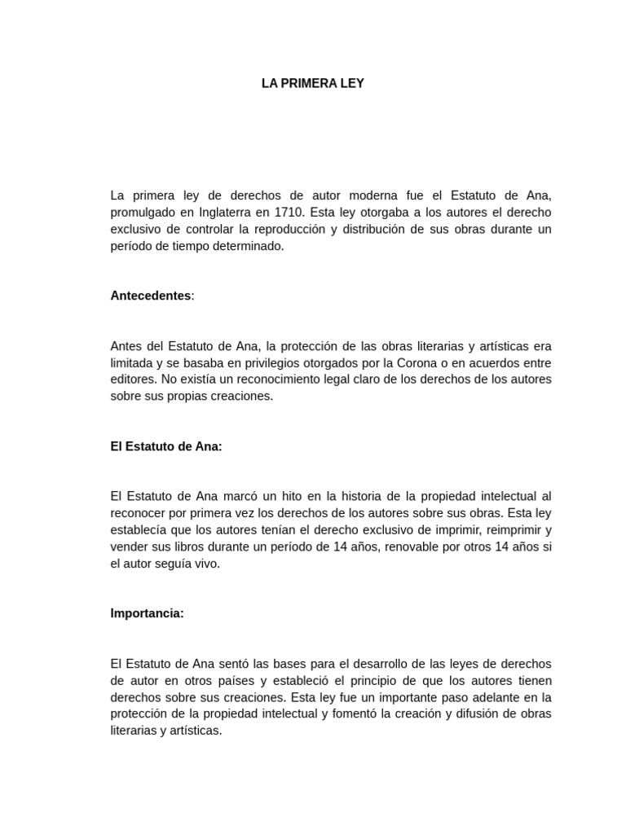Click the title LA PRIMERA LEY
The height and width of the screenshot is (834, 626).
coord(313,83)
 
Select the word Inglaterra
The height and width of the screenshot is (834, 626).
coord(231,212)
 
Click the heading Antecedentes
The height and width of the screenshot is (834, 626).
coord(151,296)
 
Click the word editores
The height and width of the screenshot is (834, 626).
coord(133,380)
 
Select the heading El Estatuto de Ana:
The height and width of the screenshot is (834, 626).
coord(166,446)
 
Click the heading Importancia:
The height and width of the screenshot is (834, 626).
coord(148,613)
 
